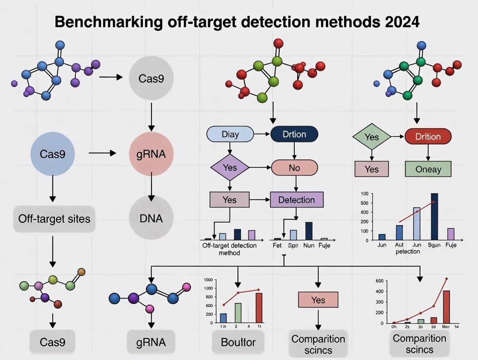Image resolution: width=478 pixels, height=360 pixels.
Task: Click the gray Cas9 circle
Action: [x=151, y=79]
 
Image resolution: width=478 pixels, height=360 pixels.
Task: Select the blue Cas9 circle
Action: [x=52, y=154]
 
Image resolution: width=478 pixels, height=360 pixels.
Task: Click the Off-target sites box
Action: [x=54, y=219]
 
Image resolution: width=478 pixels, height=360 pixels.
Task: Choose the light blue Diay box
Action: [x=230, y=134]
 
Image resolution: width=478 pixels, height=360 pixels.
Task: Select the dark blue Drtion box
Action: [x=294, y=134]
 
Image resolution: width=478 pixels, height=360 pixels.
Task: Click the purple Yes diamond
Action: [x=230, y=167]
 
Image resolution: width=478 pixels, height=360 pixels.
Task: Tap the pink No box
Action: [x=294, y=167]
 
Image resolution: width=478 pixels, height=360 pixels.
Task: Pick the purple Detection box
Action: [x=297, y=200]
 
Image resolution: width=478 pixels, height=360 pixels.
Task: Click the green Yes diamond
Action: [x=371, y=137]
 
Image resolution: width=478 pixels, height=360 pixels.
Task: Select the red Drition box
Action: [x=428, y=137]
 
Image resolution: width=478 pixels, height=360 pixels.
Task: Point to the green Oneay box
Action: [x=428, y=169]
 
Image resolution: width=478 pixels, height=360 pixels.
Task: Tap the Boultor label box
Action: [x=238, y=343]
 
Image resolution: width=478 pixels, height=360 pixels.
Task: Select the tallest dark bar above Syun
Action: [x=434, y=216]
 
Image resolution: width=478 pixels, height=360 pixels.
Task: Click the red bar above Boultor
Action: [x=259, y=308]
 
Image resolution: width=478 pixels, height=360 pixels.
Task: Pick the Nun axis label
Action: [x=308, y=246]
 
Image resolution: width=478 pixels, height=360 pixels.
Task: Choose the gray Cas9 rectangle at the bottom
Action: [x=52, y=343]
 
